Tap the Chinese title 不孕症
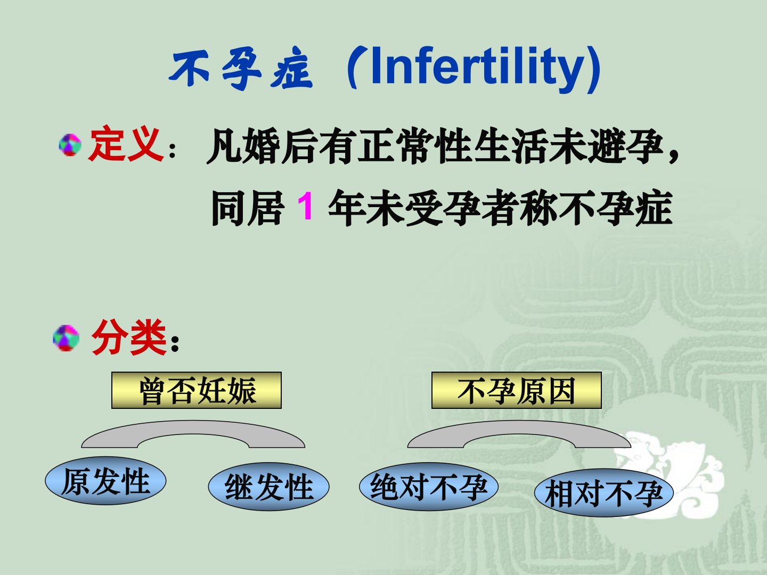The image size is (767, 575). [x=240, y=70]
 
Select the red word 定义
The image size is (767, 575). [x=126, y=145]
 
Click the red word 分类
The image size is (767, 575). [x=128, y=338]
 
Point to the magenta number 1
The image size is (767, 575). [x=306, y=207]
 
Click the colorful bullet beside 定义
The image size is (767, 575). [x=70, y=144]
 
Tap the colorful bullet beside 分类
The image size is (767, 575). [x=66, y=338]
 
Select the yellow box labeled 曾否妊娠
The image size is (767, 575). [x=197, y=390]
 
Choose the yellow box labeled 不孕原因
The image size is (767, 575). [x=517, y=390]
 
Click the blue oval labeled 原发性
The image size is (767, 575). [x=105, y=481]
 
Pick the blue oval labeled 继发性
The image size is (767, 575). [x=268, y=486]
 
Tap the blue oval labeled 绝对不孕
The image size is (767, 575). [x=429, y=486]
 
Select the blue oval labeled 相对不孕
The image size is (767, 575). [x=604, y=492]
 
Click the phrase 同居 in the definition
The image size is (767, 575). [x=247, y=208]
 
